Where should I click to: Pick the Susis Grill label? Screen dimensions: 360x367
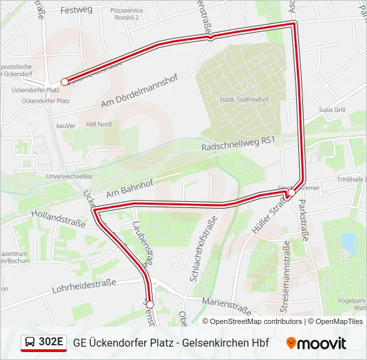[x=331, y=109]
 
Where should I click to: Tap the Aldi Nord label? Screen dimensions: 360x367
[x=99, y=125]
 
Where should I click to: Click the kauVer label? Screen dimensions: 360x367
[x=65, y=125]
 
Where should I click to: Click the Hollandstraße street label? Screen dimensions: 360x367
[x=58, y=218]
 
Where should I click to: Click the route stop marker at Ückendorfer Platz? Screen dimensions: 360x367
[x=65, y=82]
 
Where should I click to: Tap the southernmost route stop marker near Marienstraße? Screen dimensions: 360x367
[x=149, y=305]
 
